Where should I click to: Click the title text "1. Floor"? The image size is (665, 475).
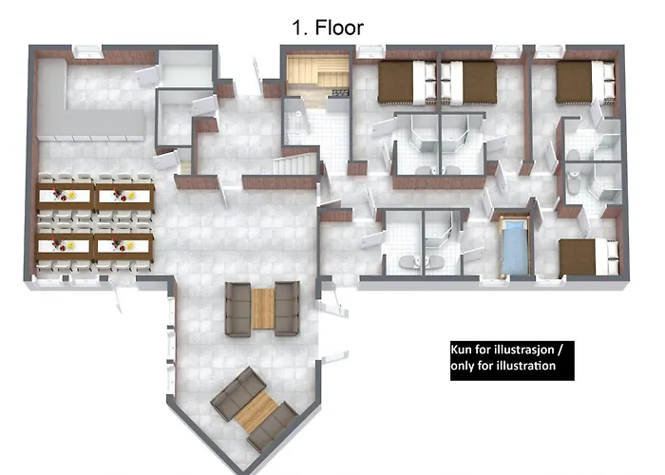328,28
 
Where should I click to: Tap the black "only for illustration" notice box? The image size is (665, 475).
512,360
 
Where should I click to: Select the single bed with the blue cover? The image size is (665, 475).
515,247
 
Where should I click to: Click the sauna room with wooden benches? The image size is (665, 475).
318,75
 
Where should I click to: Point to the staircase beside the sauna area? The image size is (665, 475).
294,164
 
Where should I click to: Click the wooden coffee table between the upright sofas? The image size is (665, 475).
263,309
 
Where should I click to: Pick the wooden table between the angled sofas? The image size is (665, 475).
256,411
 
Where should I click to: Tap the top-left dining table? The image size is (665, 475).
65,196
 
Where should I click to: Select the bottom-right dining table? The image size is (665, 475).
123,246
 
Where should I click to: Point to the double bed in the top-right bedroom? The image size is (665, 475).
585,83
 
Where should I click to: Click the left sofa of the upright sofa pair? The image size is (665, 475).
237,309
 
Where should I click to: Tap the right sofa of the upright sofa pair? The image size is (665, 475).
287,309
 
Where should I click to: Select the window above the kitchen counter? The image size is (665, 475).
87,51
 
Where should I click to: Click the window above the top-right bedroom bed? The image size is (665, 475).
549,51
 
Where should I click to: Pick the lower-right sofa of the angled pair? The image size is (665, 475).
273,427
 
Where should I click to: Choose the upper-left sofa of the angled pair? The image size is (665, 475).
238,392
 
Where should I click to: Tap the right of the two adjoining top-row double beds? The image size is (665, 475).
468,83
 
